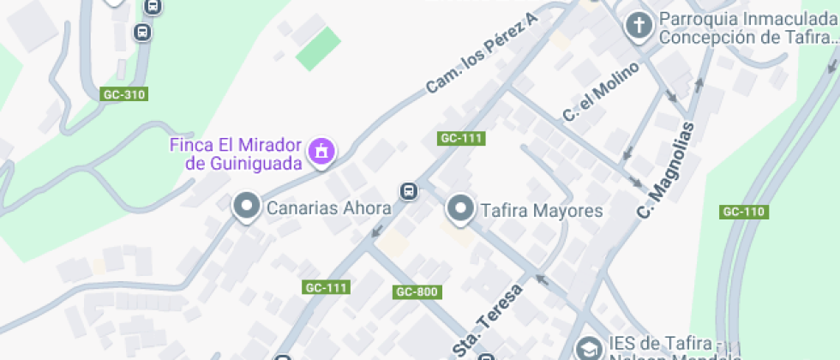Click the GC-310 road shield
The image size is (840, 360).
click(123, 94)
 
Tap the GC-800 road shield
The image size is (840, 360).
click(417, 292)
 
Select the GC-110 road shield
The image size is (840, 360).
click(743, 212)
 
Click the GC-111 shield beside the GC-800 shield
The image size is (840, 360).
click(327, 288)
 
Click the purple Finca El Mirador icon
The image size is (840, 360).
click(322, 151)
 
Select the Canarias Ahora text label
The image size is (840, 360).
click(329, 208)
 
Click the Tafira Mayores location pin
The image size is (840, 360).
click(461, 207)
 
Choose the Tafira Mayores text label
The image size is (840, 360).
click(542, 210)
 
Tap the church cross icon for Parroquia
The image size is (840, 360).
click(639, 26)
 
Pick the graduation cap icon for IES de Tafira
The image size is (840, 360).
click(589, 348)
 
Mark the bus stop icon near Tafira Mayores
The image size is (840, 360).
click(410, 190)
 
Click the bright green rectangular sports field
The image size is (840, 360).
click(318, 50)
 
